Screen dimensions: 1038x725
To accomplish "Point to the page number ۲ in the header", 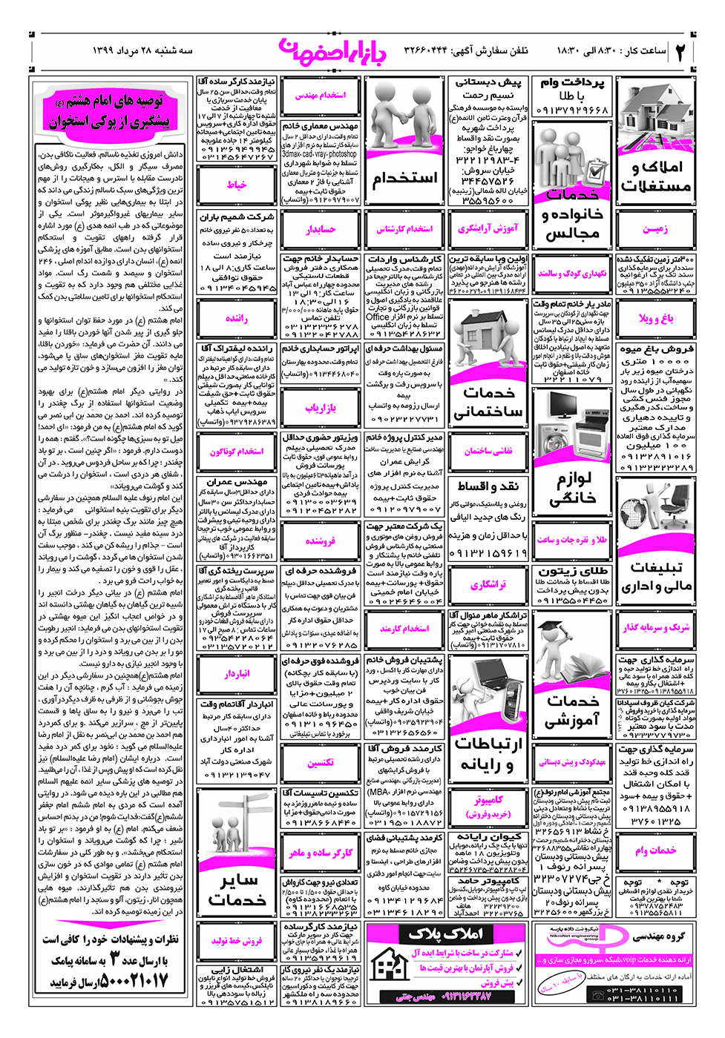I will pos(680,51).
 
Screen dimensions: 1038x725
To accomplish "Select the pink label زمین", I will pos(655,229).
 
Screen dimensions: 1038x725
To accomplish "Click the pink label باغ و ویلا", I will pos(656,318).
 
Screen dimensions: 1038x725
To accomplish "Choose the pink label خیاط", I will pos(237,185).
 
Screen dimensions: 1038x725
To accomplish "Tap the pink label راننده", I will pos(237,318).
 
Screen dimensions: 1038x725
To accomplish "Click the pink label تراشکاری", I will pos(488,585).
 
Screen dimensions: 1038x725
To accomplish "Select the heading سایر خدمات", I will pos(237,890).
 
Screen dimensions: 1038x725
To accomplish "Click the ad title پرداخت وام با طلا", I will pos(572,89).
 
